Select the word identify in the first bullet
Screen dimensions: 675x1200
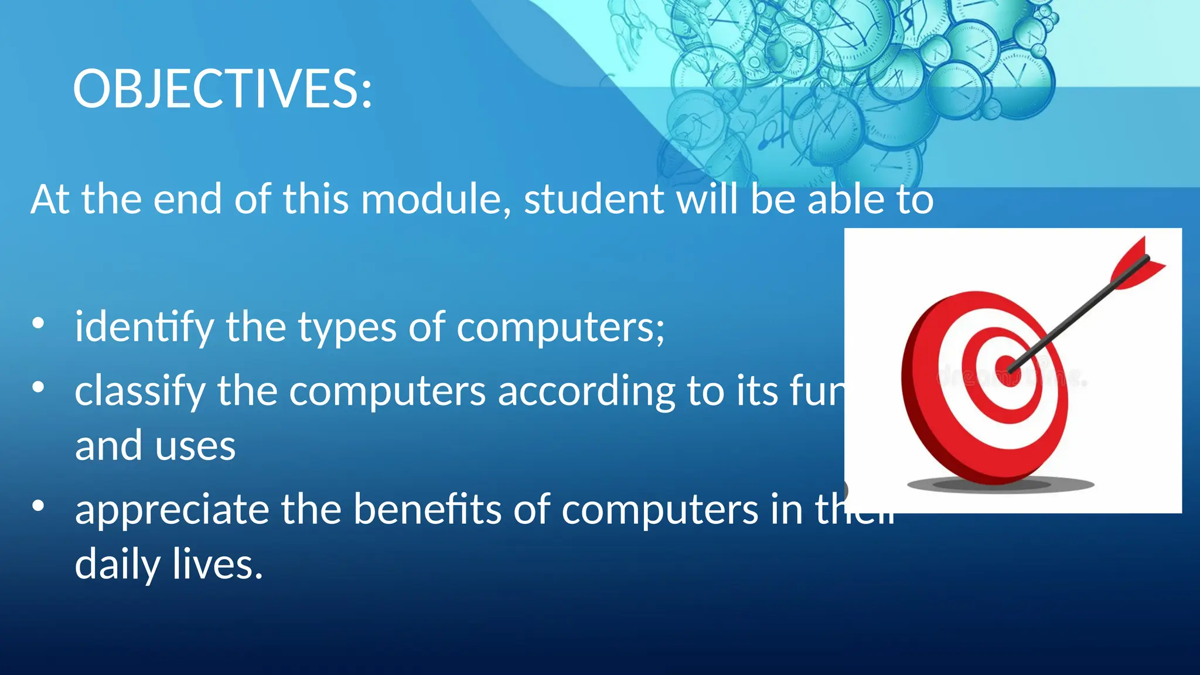pos(144,327)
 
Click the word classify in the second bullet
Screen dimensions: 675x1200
pos(139,391)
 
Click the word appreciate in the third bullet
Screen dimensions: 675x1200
pos(171,510)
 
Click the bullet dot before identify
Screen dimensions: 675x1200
pos(38,323)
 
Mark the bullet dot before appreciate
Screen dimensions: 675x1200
pos(38,506)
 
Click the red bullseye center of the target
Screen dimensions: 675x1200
pos(1007,364)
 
